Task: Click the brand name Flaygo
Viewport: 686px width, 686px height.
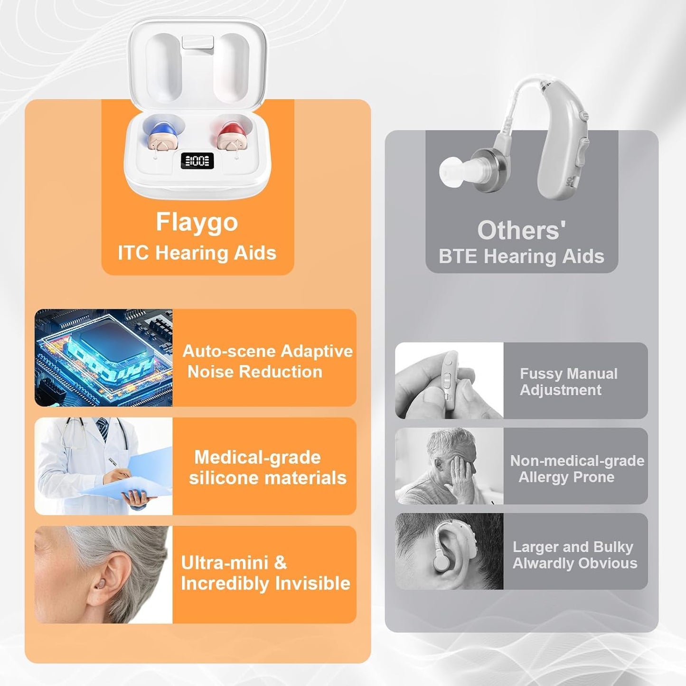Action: click(197, 222)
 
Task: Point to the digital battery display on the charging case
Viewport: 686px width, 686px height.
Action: click(197, 161)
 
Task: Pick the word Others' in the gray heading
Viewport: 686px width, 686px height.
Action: click(521, 230)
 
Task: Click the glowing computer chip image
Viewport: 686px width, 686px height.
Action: click(103, 357)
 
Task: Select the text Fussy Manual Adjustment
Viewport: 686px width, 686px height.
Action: click(568, 382)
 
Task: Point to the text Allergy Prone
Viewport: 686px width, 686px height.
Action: click(566, 477)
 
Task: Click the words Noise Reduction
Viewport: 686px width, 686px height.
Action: click(254, 372)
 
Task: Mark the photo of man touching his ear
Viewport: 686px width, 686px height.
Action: click(449, 466)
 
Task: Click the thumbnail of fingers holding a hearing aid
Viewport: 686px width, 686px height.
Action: click(449, 381)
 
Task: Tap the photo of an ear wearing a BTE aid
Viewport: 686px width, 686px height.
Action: click(449, 551)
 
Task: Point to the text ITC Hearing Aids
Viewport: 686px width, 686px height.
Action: click(197, 253)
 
